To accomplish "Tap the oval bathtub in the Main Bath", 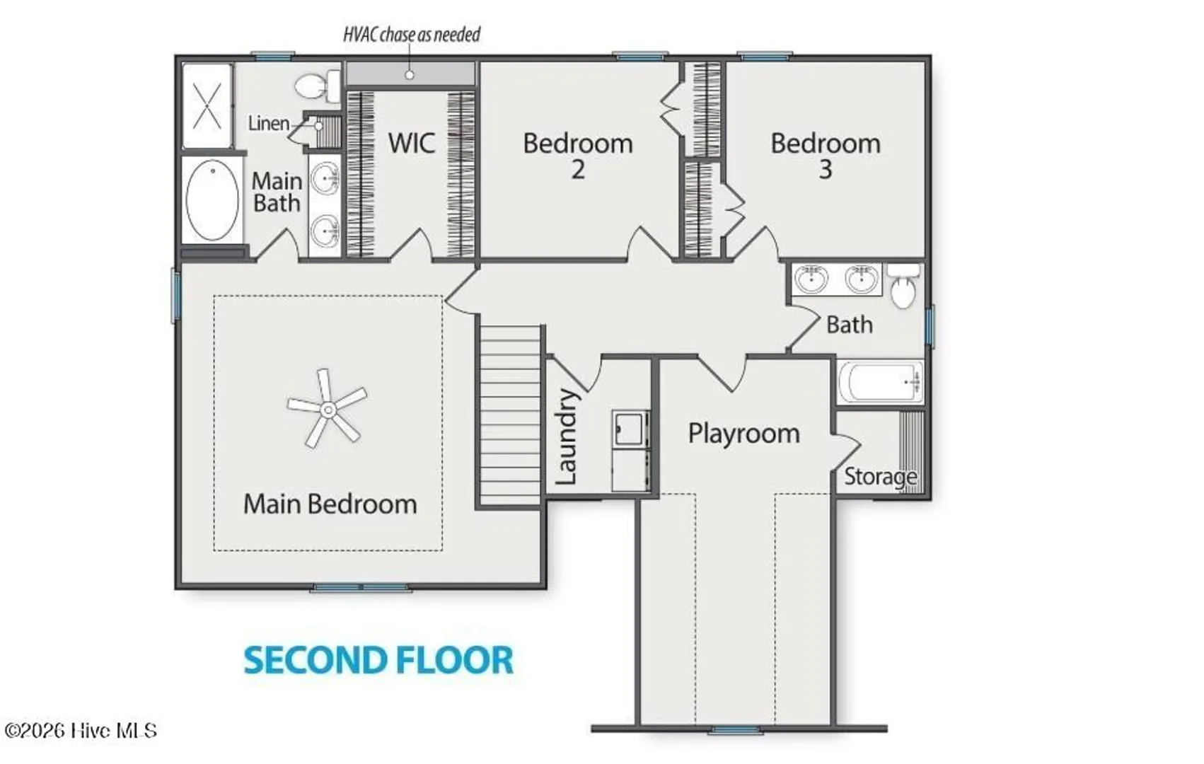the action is coord(212,200).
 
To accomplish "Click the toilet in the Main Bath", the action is coord(317,86).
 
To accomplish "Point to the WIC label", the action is coord(412,143).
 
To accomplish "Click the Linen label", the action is coord(268,124).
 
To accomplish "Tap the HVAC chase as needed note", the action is coord(412,35).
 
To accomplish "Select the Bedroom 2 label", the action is coord(578,156).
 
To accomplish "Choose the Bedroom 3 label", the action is coord(826,156).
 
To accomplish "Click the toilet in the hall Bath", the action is coord(903,286).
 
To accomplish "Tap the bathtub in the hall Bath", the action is coord(881,382).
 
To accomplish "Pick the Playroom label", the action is coord(744,434).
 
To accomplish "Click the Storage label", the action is coord(881,476).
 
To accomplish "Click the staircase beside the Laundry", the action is coord(510,416).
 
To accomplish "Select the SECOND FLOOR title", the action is coord(379,661).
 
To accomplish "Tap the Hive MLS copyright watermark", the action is coord(81,731).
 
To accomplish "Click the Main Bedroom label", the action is coord(330,504).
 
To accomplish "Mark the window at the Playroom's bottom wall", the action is coord(734,729).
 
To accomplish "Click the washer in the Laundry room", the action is coord(630,429).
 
